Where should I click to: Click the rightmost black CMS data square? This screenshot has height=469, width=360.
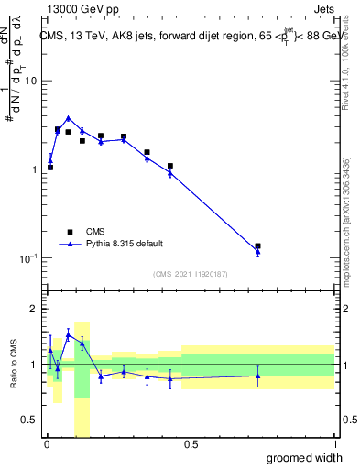point(258,246)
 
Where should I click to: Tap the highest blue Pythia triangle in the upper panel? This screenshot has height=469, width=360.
point(68,118)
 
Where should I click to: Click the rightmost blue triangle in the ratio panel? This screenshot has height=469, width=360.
point(258,376)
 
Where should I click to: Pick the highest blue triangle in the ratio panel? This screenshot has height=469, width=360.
point(68,334)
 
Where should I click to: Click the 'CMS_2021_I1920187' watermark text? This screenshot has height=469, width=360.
point(190,274)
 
